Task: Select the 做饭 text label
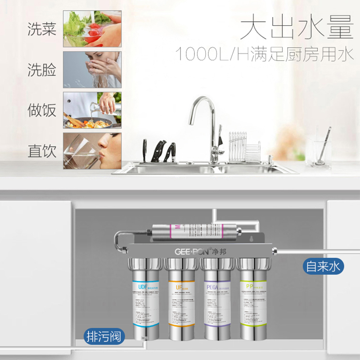coord(42,110)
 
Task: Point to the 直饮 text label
coord(42,151)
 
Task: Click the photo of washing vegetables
coord(92,29)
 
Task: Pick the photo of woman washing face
coord(92,69)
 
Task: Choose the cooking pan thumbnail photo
coord(92,110)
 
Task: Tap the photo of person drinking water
coord(92,151)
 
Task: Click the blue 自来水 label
coord(323,266)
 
